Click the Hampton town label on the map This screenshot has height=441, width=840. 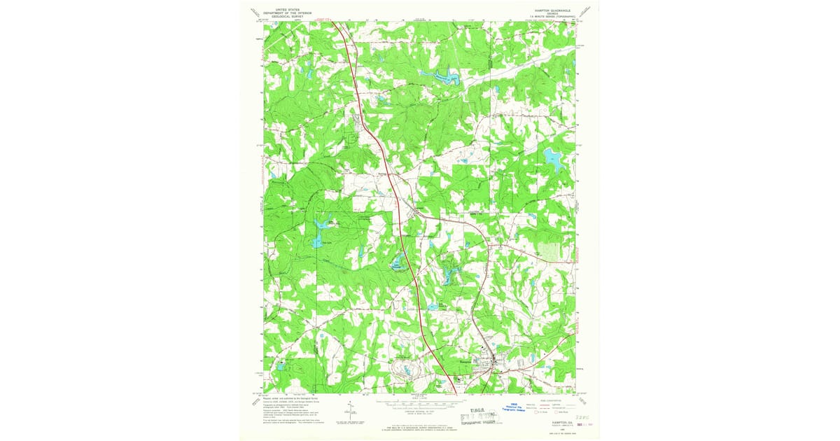(464, 361)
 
